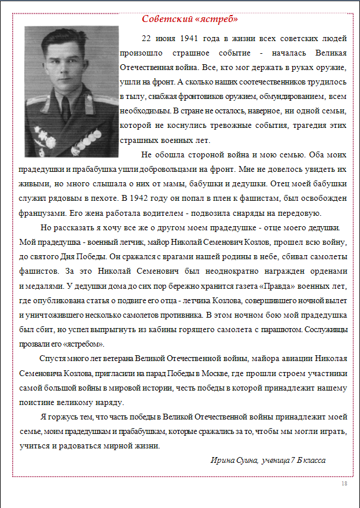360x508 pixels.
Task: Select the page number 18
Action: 344,483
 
